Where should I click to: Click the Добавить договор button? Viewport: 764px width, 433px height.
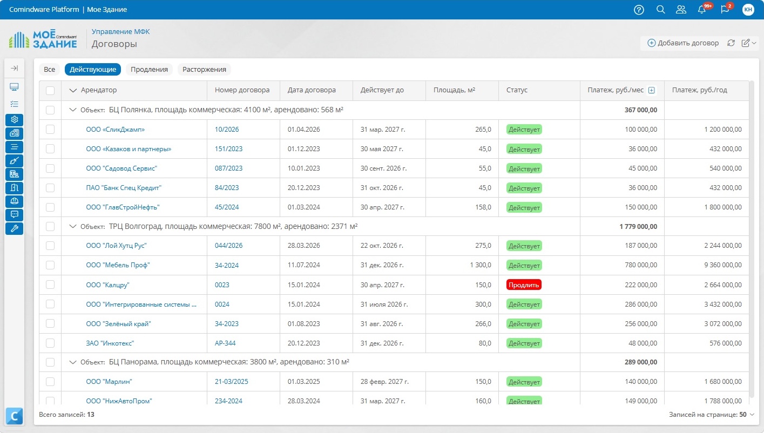click(x=683, y=43)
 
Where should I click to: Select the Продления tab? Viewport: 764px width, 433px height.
click(x=149, y=69)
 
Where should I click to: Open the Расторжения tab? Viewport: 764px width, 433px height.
click(x=204, y=69)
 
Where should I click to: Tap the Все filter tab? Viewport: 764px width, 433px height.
click(x=50, y=69)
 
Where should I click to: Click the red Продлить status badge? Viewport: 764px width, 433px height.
click(x=524, y=285)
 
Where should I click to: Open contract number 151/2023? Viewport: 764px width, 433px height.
click(x=228, y=148)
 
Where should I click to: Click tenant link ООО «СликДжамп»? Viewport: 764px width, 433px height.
click(x=116, y=129)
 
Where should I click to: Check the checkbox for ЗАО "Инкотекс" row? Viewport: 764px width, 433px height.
click(x=50, y=343)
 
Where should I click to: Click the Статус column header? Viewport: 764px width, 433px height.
click(x=517, y=90)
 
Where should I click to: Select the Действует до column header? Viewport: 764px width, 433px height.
click(x=382, y=90)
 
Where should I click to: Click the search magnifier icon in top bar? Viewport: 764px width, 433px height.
click(x=660, y=10)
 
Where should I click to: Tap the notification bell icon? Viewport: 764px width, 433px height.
click(x=701, y=10)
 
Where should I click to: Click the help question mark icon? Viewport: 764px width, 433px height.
click(x=639, y=10)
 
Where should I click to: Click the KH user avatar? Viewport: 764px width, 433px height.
click(x=748, y=10)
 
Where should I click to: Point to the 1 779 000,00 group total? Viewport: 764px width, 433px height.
click(x=638, y=226)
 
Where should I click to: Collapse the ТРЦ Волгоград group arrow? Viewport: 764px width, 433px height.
click(x=73, y=226)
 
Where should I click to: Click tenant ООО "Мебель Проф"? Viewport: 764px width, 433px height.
click(x=118, y=265)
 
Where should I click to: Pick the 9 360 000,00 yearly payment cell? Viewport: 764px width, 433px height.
click(x=723, y=265)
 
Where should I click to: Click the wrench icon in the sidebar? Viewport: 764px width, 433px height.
click(x=15, y=228)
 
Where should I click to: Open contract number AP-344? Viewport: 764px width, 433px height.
click(x=225, y=343)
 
